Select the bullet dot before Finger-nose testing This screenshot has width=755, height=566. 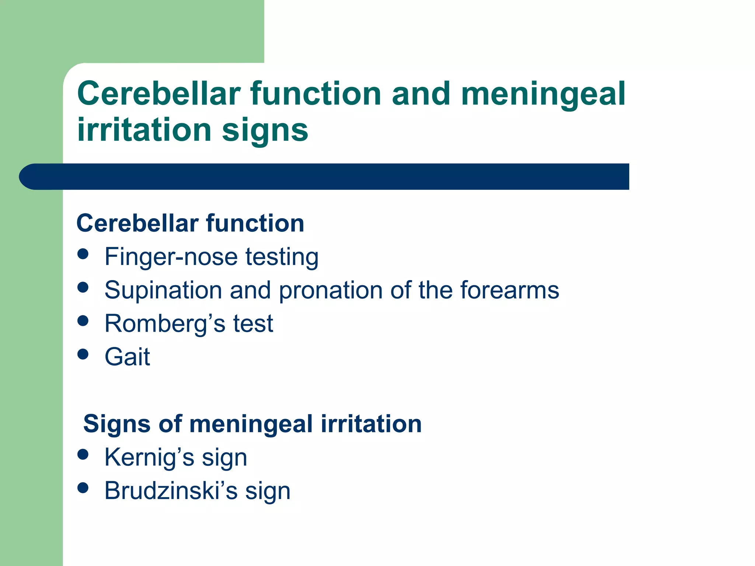pyautogui.click(x=83, y=254)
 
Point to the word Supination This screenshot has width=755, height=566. pyautogui.click(x=163, y=291)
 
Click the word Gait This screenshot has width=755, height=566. pyautogui.click(x=127, y=357)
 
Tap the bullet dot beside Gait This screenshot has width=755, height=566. pyautogui.click(x=83, y=354)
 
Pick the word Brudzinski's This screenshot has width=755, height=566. pyautogui.click(x=171, y=491)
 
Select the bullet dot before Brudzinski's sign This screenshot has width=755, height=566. pyautogui.click(x=83, y=488)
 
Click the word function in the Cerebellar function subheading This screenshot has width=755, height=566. pyautogui.click(x=255, y=223)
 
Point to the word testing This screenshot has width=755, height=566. pyautogui.click(x=282, y=257)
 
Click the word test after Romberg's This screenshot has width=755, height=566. pyautogui.click(x=253, y=324)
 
